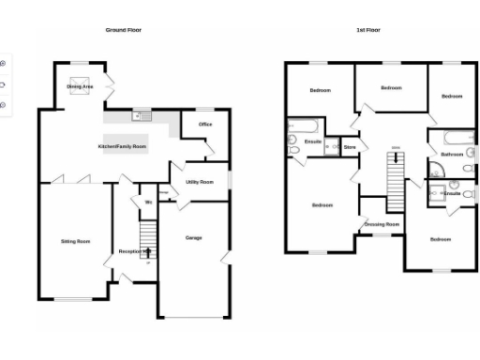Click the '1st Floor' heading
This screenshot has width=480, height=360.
[368, 31]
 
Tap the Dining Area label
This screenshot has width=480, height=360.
[80, 86]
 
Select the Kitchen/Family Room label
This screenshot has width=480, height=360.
[123, 147]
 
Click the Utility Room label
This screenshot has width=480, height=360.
[200, 182]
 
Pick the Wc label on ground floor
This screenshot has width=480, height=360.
[147, 203]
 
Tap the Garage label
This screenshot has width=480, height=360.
[193, 237]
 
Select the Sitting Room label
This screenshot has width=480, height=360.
[75, 242]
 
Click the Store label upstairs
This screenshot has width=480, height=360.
[350, 147]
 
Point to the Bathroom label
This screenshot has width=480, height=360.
[453, 154]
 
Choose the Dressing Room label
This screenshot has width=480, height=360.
[382, 224]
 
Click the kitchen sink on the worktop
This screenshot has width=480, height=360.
[144, 116]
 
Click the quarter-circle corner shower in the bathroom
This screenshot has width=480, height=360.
[437, 170]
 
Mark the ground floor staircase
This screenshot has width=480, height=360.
[146, 234]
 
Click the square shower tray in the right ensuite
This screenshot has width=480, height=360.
[437, 193]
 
